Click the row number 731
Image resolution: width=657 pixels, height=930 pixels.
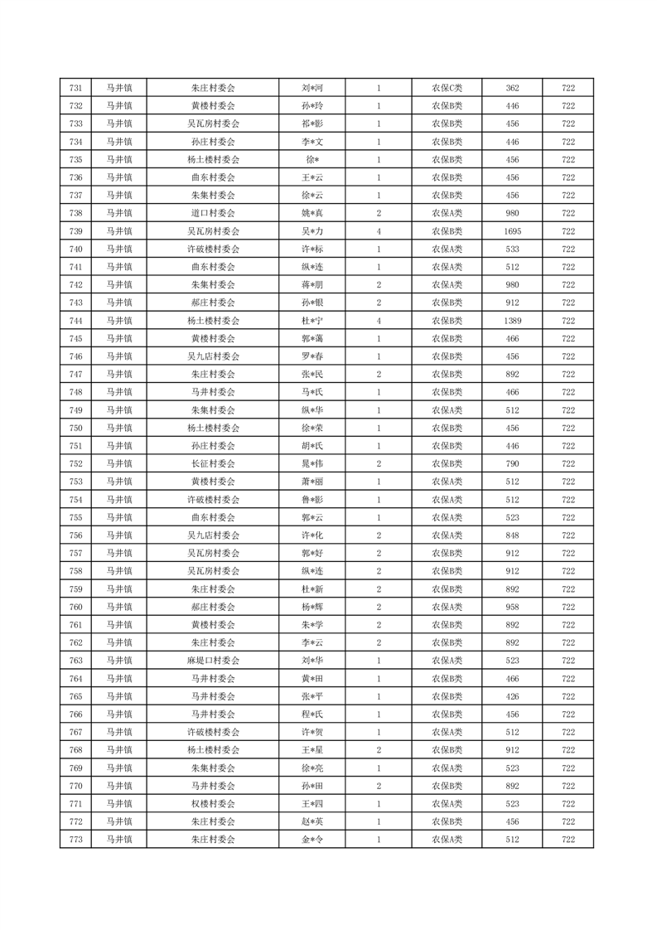76,88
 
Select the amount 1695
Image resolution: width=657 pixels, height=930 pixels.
512,231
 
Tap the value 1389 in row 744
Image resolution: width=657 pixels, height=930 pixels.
512,320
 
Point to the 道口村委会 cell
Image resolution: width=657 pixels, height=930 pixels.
213,213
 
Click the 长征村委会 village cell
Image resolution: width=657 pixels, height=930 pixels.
213,463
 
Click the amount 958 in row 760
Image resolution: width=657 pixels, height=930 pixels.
512,607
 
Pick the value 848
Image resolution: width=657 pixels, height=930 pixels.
512,535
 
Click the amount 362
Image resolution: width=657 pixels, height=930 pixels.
512,88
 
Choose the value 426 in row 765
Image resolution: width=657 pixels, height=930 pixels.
512,696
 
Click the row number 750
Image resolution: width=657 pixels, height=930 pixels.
76,428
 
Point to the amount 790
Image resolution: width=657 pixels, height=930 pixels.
512,463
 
